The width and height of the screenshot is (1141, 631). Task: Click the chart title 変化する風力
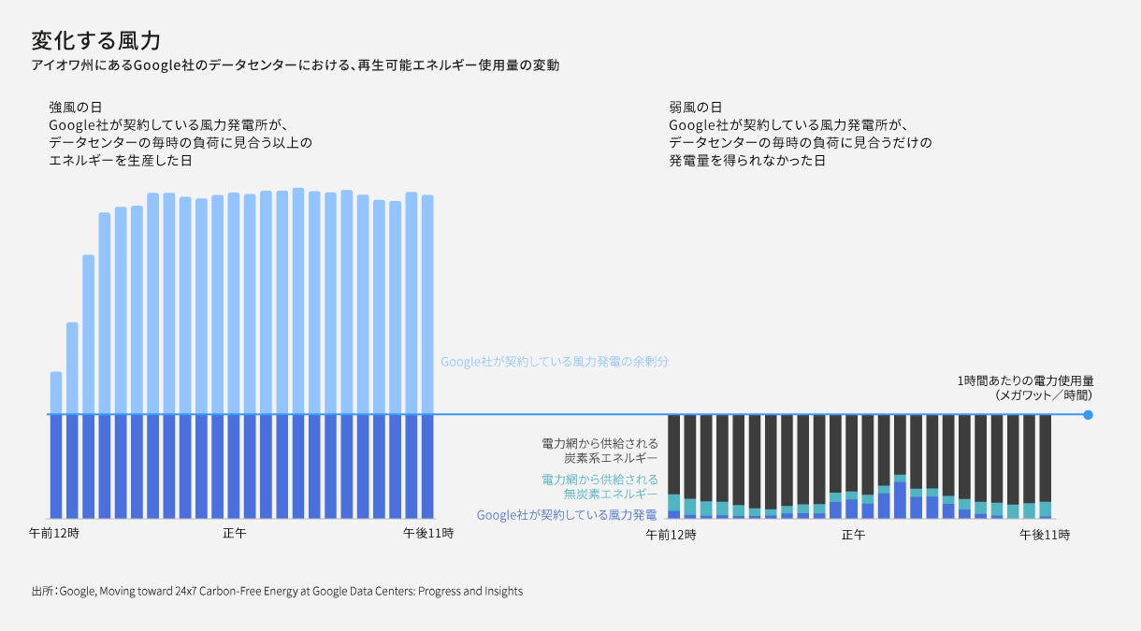[x=96, y=40]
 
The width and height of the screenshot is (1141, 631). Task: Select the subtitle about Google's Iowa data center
[x=295, y=66]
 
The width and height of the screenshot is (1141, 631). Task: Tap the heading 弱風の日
[x=695, y=108]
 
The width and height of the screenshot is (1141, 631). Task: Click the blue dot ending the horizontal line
[x=1088, y=414]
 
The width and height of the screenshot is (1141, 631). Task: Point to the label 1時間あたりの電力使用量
[x=1025, y=381]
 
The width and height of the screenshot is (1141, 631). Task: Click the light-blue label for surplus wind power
[x=556, y=361]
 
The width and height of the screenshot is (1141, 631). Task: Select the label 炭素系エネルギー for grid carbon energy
[x=610, y=459]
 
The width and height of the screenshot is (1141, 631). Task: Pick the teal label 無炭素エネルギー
[x=610, y=494]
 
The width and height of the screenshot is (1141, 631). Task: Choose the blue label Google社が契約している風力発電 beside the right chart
[x=567, y=515]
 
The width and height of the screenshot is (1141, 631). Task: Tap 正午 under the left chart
[x=235, y=534]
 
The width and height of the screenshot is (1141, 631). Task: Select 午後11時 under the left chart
[x=427, y=534]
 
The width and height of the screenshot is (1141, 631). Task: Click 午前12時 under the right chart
[x=671, y=536]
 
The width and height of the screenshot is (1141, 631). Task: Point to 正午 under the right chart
[x=853, y=536]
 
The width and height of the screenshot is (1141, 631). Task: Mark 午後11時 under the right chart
[x=1045, y=536]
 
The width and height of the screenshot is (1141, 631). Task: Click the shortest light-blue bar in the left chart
[x=56, y=393]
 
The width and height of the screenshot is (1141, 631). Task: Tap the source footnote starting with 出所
[x=277, y=591]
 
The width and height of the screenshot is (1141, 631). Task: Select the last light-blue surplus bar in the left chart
[x=427, y=304]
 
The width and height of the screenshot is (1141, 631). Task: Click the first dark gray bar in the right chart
[x=673, y=454]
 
